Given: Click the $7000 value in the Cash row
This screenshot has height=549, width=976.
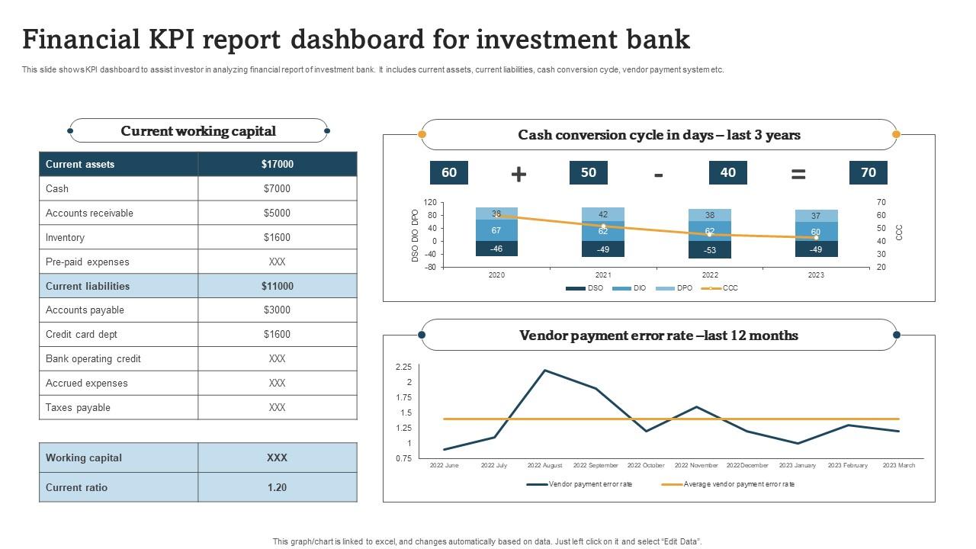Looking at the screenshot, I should pyautogui.click(x=277, y=188).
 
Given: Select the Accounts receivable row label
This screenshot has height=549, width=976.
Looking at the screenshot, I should pyautogui.click(x=89, y=213).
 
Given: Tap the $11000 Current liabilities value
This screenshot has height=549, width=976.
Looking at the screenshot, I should pyautogui.click(x=277, y=286).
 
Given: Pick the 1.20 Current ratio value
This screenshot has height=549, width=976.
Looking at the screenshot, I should pyautogui.click(x=277, y=487).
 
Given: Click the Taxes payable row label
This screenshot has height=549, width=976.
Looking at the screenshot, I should pyautogui.click(x=78, y=407).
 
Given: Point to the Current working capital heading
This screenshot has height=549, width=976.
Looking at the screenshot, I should pyautogui.click(x=198, y=131).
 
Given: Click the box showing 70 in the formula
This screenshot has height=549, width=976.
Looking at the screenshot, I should pyautogui.click(x=868, y=172).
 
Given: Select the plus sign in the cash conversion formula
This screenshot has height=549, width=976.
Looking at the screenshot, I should pyautogui.click(x=518, y=174).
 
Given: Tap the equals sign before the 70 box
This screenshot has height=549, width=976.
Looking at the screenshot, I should pyautogui.click(x=798, y=174).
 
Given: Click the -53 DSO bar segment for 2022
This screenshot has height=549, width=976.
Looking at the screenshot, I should pyautogui.click(x=710, y=250).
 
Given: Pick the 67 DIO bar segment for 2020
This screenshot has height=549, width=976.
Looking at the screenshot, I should pyautogui.click(x=496, y=230).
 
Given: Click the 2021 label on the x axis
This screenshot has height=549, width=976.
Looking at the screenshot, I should pyautogui.click(x=603, y=274).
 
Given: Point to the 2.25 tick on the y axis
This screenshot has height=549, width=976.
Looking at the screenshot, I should pyautogui.click(x=403, y=367).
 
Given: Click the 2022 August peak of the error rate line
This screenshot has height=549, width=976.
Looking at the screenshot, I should pyautogui.click(x=545, y=371).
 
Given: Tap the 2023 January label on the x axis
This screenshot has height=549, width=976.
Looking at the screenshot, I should pyautogui.click(x=797, y=465).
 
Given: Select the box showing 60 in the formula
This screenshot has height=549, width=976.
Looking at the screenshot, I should pyautogui.click(x=449, y=172).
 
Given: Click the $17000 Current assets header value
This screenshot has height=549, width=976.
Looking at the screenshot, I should pyautogui.click(x=277, y=164).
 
